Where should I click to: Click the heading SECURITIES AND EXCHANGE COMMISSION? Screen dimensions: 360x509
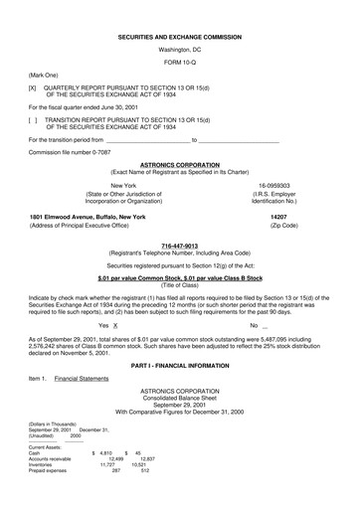click(179, 34)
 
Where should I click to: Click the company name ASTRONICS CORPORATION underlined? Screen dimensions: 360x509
click(179, 165)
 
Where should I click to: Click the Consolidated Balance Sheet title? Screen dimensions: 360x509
click(179, 403)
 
